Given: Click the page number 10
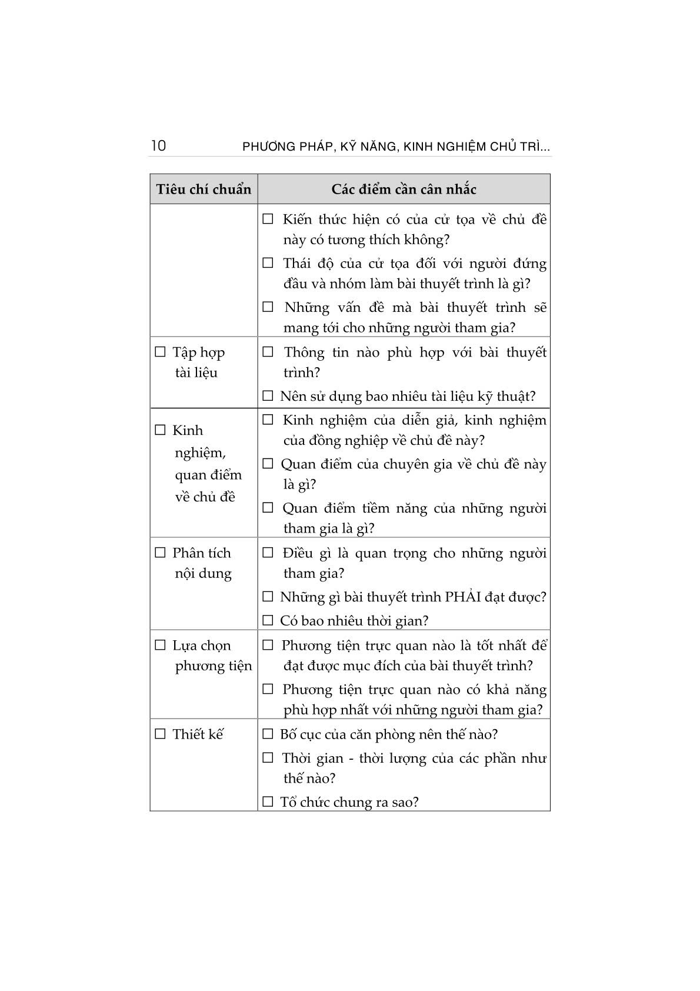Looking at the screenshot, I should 158,145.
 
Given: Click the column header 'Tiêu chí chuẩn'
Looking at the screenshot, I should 204,189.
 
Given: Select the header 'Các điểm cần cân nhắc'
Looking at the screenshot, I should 404,189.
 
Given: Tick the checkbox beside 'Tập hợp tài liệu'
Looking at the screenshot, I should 160,352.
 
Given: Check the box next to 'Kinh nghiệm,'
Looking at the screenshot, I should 160,430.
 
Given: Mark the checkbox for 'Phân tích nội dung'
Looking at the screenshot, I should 160,553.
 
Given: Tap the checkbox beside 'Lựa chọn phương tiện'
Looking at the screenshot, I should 160,645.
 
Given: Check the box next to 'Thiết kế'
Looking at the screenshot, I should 160,734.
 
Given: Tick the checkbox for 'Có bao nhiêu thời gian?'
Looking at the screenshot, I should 268,620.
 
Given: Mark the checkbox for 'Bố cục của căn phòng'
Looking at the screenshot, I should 268,734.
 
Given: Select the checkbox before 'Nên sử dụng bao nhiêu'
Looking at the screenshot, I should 268,395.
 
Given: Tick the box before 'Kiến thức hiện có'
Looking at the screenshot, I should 268,219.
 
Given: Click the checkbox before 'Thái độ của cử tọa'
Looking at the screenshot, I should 268,263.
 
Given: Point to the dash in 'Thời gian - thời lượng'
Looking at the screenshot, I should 351,758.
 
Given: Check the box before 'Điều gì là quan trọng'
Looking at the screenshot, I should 268,553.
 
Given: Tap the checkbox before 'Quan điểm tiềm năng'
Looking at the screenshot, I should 268,507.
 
